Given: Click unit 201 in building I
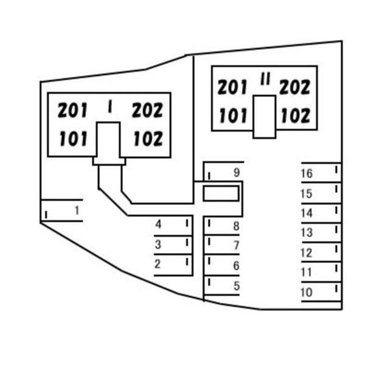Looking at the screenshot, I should coord(73,110).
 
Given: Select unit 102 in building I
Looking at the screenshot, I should coord(148,139).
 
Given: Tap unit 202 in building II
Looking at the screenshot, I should coord(295,87).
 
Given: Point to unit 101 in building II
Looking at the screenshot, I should coord(232,115).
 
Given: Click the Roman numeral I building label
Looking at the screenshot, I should coord(109,107).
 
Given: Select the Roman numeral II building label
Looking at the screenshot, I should coord(265,80).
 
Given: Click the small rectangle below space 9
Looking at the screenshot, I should coord(220,193).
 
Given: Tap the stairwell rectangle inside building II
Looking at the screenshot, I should coord(265,116).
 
